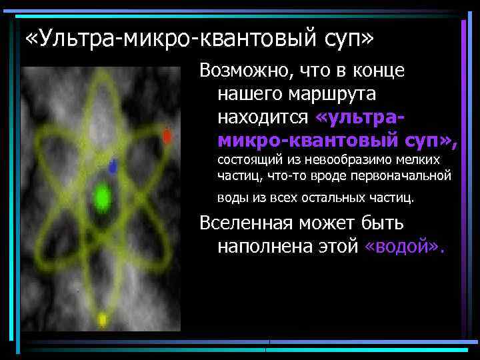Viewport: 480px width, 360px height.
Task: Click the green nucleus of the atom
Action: point(102,197)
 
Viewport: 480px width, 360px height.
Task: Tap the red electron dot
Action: point(167,136)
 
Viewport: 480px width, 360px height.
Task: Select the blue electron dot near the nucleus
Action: point(113,165)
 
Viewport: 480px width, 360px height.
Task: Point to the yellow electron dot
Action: point(103,319)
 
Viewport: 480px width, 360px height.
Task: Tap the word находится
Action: point(263,117)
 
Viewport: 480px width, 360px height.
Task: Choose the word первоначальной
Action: point(412,177)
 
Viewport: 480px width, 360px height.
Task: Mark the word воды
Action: point(231,198)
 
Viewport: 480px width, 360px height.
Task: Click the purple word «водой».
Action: point(405,247)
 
